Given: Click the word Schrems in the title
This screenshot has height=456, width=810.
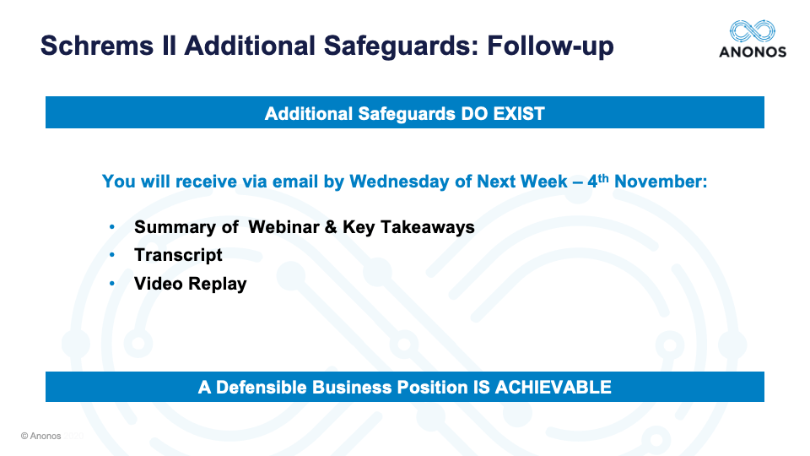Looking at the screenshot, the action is coord(97,46).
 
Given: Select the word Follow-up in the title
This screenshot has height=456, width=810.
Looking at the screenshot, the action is coord(550,46).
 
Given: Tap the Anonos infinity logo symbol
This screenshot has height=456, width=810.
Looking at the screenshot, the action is coord(752,31).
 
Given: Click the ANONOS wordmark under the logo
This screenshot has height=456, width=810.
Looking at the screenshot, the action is coord(753,52).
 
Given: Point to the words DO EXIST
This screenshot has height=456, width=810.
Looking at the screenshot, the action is coord(503,114).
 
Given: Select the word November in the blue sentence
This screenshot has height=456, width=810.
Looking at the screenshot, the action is coord(661,182).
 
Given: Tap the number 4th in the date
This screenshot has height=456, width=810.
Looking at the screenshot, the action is coord(597,181).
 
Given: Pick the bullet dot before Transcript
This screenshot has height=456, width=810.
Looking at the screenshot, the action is coord(112,255).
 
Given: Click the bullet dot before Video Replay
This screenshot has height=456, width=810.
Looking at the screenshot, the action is coord(112,284).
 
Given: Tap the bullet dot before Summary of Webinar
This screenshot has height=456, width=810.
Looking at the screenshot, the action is coord(112,226).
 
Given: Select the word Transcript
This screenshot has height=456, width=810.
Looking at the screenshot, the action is coord(178,255).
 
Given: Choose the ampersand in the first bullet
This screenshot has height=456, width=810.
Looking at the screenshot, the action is coord(331,227).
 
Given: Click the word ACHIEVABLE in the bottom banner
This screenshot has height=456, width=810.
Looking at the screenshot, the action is coord(553,388).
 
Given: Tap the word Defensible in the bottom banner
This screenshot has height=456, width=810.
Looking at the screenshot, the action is coord(262,388).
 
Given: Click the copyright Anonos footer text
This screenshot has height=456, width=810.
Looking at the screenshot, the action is coord(40,436).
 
